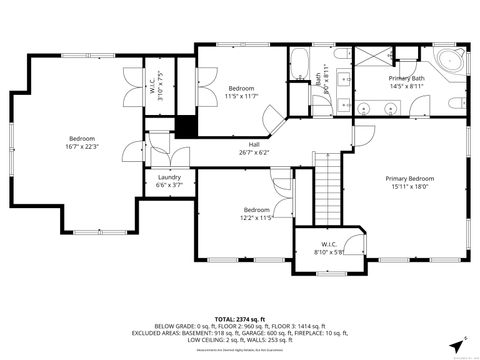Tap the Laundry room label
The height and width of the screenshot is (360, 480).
pos(169,180)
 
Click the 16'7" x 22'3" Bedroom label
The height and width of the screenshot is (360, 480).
pos(82,142)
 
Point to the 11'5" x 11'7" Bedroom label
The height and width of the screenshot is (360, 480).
pos(242,92)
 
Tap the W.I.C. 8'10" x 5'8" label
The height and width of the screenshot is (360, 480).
pos(329,248)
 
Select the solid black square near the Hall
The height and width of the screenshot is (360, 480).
pos(184,127)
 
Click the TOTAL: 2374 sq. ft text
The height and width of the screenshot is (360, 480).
pos(239,317)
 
